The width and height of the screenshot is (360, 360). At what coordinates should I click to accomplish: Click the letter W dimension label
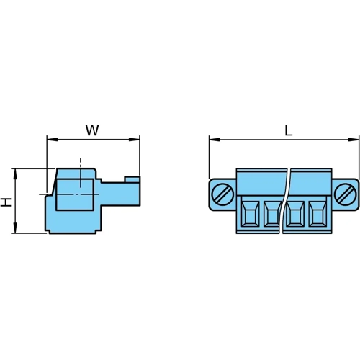pos(92,130)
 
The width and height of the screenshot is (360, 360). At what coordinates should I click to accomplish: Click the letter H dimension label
pos(6,202)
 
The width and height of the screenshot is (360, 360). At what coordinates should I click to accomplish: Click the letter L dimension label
pos(288,130)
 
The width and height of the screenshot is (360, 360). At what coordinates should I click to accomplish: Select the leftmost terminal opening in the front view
pos(250,215)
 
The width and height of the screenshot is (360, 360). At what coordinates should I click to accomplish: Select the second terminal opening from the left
pos(271,215)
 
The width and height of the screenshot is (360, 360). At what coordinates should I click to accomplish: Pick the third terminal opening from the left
pos(296,215)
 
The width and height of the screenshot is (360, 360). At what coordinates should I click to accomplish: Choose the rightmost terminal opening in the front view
pos(318,215)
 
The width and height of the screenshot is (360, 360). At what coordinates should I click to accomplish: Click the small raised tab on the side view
pos(132,179)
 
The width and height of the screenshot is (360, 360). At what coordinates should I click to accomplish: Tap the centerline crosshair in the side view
pos(79,194)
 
